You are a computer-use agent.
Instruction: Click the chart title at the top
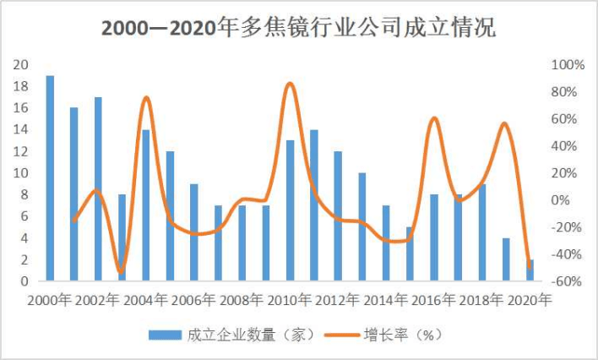coord(298,27)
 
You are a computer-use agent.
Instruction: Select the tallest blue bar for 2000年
coord(50,177)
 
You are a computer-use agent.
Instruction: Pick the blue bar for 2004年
coord(146,205)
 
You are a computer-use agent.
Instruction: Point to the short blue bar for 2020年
coord(530,270)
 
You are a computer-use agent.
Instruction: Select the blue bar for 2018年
coord(481,232)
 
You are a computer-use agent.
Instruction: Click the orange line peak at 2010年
coord(290,84)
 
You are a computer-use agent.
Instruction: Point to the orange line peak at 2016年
coord(434,118)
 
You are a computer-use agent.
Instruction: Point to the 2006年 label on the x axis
coord(194,300)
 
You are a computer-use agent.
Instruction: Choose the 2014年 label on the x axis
coord(386,300)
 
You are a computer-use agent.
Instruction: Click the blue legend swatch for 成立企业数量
coord(165,335)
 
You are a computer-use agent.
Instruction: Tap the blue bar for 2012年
coord(338,215)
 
